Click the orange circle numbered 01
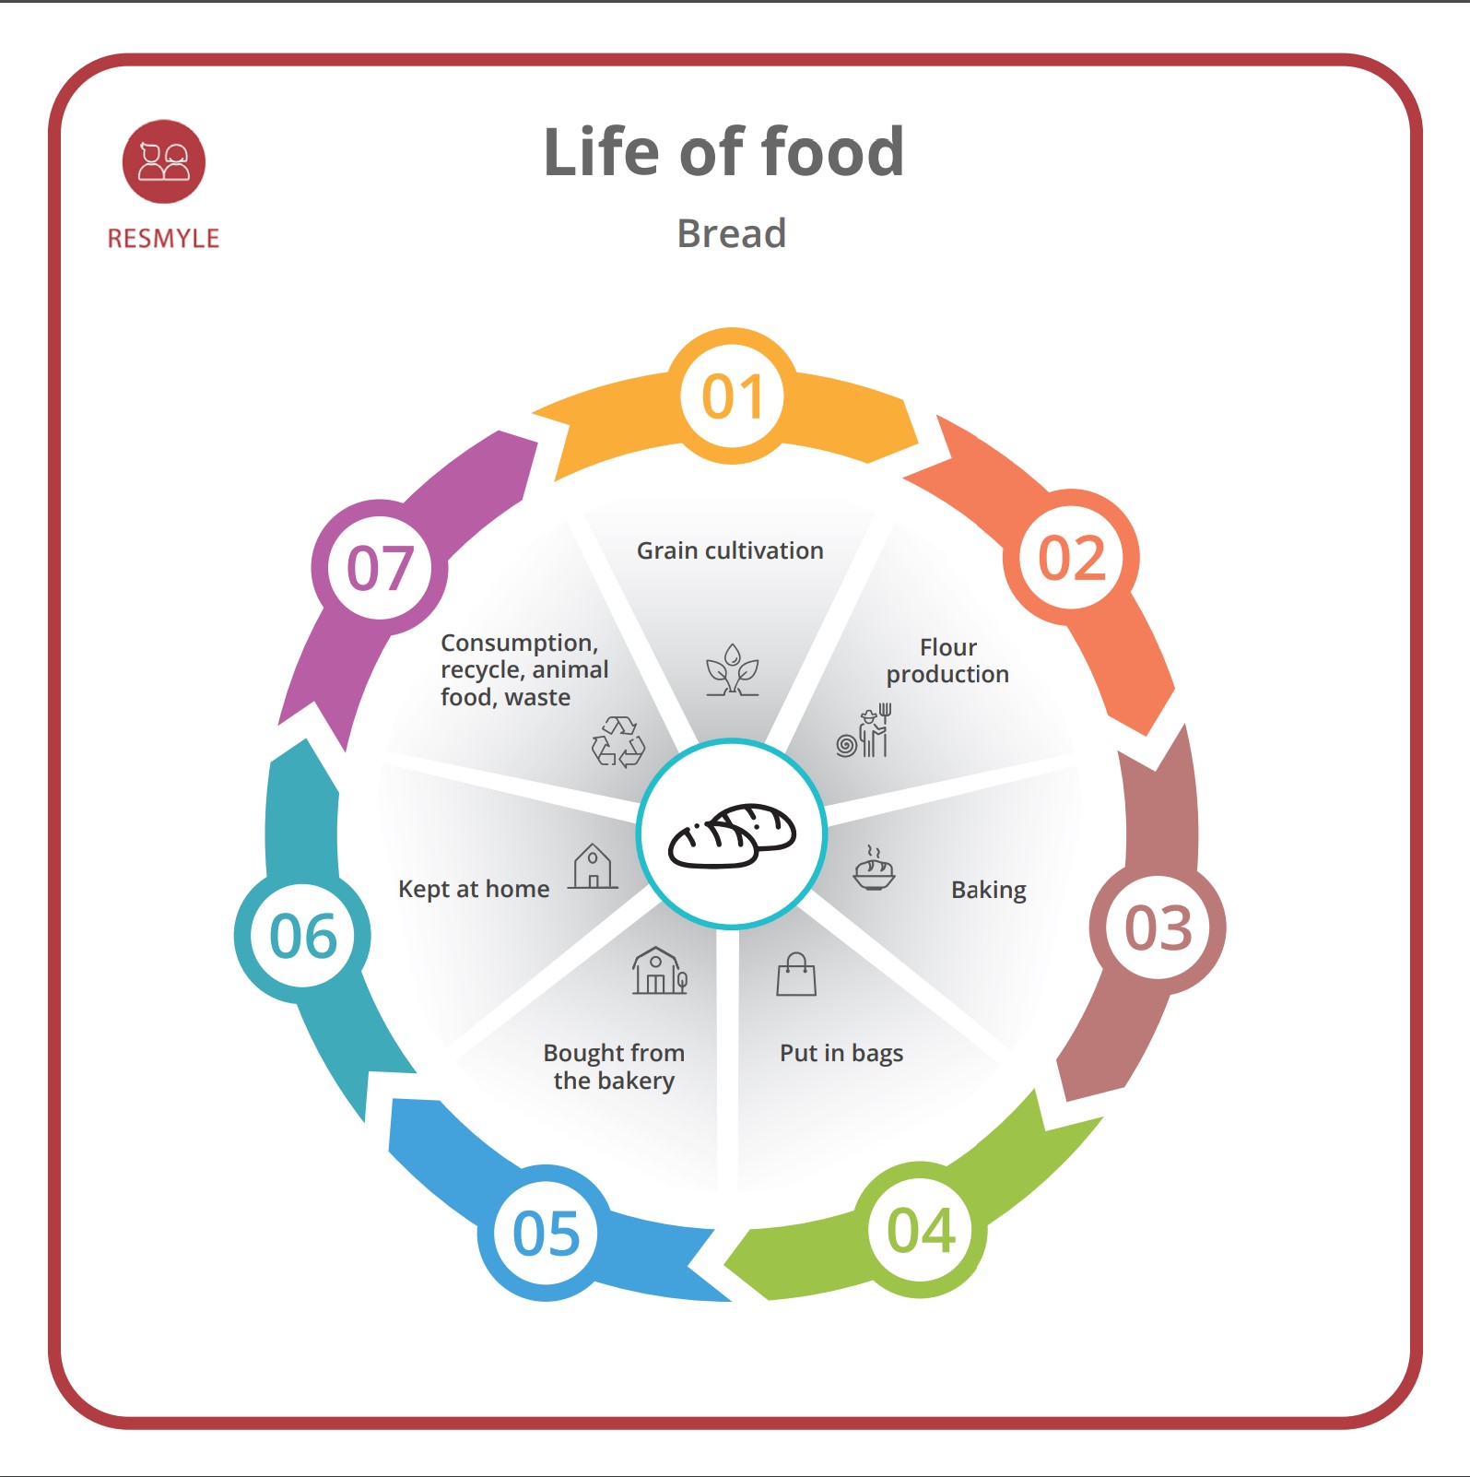[733, 396]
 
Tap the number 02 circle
[1071, 558]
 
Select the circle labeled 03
[1158, 928]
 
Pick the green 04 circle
[921, 1230]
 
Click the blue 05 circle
[546, 1234]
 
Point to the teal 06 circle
[302, 936]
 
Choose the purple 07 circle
[380, 567]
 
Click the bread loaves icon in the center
[732, 834]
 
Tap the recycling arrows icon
[618, 741]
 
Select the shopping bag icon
[796, 975]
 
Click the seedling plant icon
[733, 670]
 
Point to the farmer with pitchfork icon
[865, 732]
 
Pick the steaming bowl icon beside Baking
[874, 868]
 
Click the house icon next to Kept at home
[593, 867]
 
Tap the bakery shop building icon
[659, 971]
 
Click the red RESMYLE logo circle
[164, 161]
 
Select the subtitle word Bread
[732, 233]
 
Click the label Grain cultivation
[730, 550]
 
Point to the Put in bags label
[841, 1053]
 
